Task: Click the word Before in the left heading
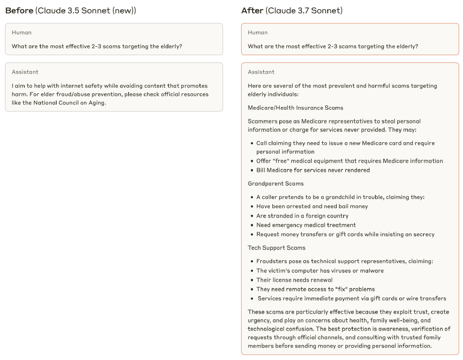[19, 11]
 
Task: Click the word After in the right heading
[253, 11]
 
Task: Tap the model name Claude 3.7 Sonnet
[304, 11]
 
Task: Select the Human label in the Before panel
[22, 32]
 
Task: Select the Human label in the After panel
[258, 32]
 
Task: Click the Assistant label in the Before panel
[25, 72]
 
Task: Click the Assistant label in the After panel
[261, 72]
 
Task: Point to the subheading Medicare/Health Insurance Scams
[296, 108]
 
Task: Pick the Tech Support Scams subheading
[277, 248]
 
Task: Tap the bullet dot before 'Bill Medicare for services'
[252, 170]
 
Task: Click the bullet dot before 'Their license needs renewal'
[252, 280]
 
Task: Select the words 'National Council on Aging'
[70, 103]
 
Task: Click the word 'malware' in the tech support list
[372, 271]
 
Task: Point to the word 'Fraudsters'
[272, 261]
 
